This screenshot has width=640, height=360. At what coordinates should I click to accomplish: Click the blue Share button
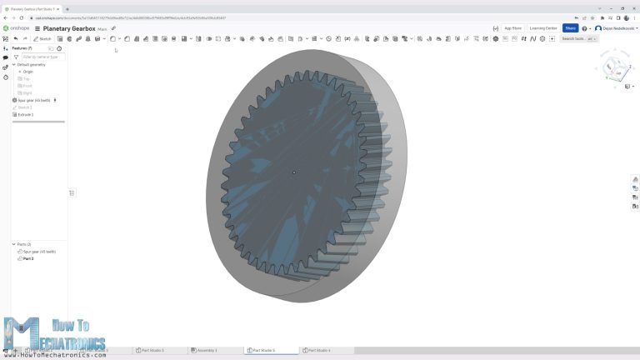tap(570, 28)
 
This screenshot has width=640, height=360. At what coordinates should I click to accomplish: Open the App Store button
tap(512, 28)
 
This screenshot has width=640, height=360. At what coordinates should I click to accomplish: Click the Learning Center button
tap(542, 28)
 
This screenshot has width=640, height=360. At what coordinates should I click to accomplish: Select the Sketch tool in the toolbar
tap(43, 38)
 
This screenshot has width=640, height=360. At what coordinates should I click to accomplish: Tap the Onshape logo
tap(17, 28)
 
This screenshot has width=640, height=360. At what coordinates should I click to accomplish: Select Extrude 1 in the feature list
tap(26, 114)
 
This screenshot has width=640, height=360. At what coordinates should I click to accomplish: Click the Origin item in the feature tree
tap(27, 72)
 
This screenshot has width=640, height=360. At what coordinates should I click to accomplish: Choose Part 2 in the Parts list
tap(28, 258)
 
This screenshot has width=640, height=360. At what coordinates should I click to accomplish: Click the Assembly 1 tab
tap(205, 350)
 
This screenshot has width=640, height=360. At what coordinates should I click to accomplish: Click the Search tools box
tap(578, 38)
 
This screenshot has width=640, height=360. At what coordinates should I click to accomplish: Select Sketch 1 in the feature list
tap(25, 107)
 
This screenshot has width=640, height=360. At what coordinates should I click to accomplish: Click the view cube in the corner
tap(615, 67)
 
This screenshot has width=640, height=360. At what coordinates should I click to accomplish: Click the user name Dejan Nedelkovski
tap(617, 28)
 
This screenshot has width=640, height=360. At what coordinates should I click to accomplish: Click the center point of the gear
tap(294, 172)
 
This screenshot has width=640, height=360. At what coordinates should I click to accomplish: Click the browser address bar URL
tap(125, 17)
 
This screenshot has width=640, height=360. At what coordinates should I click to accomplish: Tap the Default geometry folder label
tap(32, 64)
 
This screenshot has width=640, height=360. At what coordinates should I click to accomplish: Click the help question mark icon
tap(584, 28)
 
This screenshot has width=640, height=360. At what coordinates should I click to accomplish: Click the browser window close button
tap(632, 8)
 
